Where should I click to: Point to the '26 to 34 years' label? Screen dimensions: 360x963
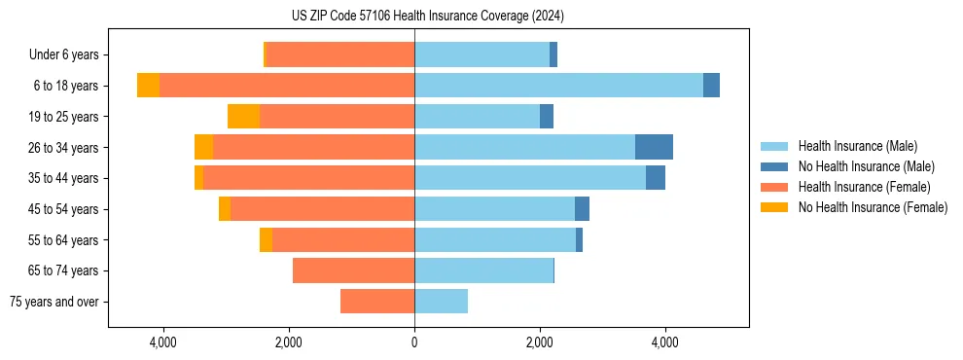point(64,147)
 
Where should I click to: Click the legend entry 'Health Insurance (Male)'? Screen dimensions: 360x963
point(857,146)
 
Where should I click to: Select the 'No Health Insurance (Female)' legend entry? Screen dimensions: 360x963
point(873,207)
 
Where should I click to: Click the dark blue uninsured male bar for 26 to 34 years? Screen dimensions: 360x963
point(654,147)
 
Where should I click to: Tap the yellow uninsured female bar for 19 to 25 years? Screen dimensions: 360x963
point(243,117)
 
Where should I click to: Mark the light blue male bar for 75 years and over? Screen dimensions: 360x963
point(441,302)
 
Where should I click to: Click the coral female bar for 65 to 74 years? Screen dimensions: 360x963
point(353,270)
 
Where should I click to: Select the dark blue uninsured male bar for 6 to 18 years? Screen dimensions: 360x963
point(711,86)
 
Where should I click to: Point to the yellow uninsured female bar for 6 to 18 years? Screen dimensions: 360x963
point(148,86)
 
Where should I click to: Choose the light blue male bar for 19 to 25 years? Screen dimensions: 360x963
point(477,117)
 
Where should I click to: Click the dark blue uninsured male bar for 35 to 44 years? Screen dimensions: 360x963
point(656,178)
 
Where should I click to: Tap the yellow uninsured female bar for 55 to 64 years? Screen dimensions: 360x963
point(266,239)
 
